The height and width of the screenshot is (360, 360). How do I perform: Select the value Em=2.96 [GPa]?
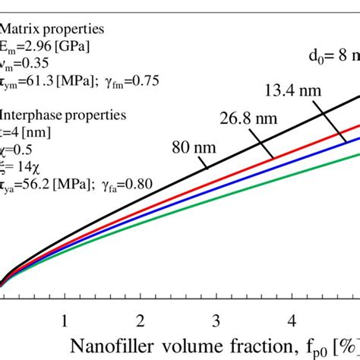pos(46,47)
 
